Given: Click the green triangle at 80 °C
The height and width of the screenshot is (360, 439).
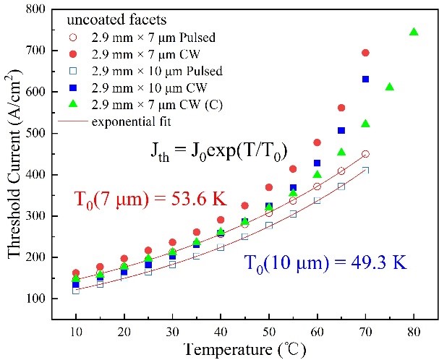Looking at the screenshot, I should (414, 32).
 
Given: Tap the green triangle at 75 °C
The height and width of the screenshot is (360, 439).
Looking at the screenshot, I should (390, 87).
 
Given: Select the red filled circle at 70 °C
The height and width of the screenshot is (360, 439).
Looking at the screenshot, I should (365, 53).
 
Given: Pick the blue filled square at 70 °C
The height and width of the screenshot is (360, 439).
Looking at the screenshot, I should (365, 79).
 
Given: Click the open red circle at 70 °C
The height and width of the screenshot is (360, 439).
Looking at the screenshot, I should (365, 154).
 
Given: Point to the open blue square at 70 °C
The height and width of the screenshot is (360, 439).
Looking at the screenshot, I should (365, 170).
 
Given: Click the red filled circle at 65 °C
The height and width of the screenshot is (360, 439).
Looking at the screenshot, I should (341, 108).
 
